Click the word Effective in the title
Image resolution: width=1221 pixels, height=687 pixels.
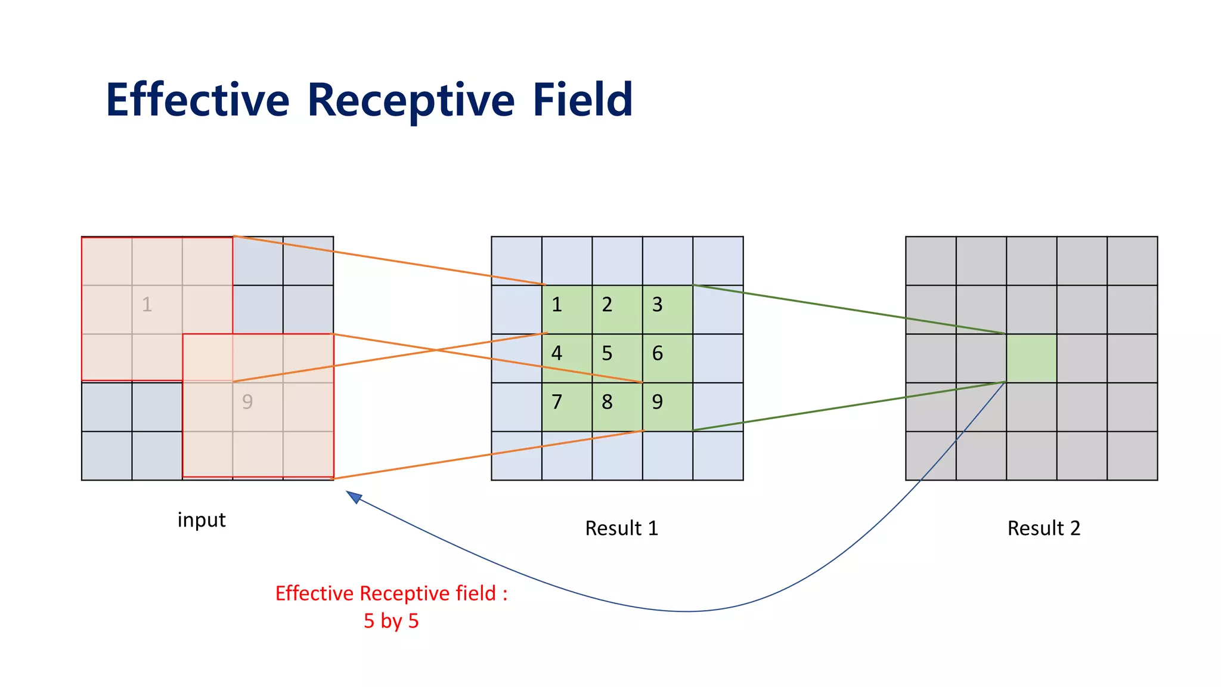197,100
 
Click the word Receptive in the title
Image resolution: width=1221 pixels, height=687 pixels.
411,100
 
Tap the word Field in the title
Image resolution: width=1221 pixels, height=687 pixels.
582,100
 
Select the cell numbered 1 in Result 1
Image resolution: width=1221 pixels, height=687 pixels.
566,310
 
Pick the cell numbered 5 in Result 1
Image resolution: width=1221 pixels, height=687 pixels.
617,358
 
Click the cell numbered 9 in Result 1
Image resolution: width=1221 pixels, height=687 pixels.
667,407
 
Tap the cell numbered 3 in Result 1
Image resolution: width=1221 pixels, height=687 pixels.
667,310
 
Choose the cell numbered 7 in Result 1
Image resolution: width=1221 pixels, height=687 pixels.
566,407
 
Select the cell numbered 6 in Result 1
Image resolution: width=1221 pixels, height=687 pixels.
667,358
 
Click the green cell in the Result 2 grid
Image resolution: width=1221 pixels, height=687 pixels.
1031,358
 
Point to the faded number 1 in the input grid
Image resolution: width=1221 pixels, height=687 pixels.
147,305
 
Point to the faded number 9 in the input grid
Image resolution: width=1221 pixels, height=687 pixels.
247,402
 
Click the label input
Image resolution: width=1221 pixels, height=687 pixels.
202,520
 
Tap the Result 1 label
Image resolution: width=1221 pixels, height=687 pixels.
621,528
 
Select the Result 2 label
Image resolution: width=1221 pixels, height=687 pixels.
1043,528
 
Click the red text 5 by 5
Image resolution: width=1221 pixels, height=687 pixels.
391,621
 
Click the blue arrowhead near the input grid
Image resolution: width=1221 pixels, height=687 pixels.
354,496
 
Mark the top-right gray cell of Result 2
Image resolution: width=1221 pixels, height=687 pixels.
1132,261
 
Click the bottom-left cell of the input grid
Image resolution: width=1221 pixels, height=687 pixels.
107,456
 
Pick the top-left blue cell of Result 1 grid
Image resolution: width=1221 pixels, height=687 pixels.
516,261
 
